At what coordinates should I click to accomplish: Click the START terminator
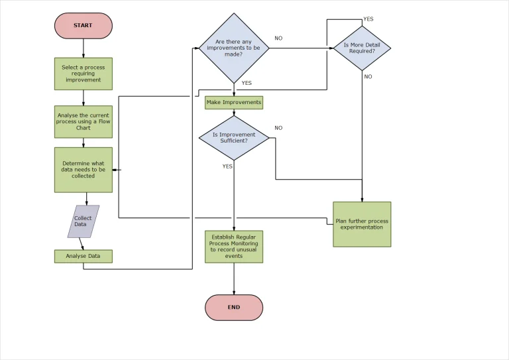click(x=83, y=26)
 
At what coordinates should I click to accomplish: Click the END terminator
click(x=233, y=308)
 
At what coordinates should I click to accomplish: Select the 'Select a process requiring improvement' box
click(x=83, y=74)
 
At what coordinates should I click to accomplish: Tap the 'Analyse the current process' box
click(x=83, y=122)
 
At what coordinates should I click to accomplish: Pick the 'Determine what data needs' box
click(x=83, y=170)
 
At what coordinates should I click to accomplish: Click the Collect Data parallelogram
click(x=84, y=221)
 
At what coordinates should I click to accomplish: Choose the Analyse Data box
click(x=83, y=256)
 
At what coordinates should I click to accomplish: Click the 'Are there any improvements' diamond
click(x=233, y=48)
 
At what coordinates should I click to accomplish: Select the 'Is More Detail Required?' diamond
click(x=362, y=48)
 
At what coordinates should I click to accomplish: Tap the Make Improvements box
click(x=233, y=103)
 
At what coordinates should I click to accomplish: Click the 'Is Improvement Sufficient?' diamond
click(x=233, y=138)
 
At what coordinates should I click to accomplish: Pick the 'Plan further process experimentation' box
click(x=362, y=224)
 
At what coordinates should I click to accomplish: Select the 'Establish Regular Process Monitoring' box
click(x=233, y=247)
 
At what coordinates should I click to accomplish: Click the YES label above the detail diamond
click(x=368, y=19)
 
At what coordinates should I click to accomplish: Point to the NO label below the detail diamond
click(x=368, y=77)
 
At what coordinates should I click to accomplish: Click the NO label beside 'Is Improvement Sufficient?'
click(x=278, y=128)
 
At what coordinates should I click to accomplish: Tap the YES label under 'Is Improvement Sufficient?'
click(x=227, y=166)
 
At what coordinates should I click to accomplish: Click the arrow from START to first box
click(x=84, y=48)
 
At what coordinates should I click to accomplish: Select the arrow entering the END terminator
click(x=233, y=279)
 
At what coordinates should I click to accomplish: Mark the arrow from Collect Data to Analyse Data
click(x=82, y=243)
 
